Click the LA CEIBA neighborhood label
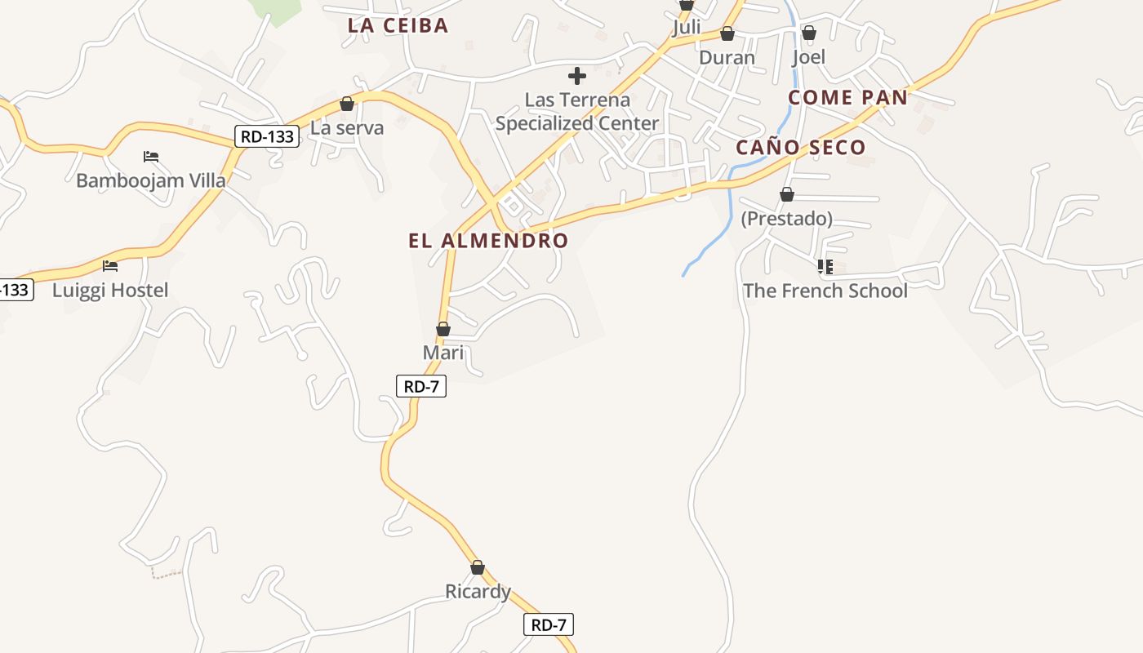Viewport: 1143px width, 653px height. tap(398, 25)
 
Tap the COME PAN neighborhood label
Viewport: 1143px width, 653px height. tap(847, 98)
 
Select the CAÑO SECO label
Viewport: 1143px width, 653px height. tap(800, 148)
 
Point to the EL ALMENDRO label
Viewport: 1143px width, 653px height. tap(488, 241)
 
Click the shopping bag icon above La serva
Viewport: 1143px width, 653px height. tap(347, 104)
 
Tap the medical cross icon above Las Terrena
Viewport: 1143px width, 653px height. tap(577, 77)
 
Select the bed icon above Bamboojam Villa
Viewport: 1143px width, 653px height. tap(150, 156)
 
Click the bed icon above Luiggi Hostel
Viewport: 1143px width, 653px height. tap(110, 265)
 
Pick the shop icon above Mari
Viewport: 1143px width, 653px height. tap(443, 329)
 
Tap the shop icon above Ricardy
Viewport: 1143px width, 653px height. tap(478, 567)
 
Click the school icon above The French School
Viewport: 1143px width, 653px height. tap(825, 266)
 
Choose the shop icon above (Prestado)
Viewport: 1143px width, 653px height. tap(787, 194)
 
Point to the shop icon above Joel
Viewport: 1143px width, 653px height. tap(808, 33)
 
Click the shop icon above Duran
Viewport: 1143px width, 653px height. tap(727, 33)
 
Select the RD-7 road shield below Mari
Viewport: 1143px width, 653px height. tap(421, 386)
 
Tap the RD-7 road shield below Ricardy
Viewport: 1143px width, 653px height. tap(549, 625)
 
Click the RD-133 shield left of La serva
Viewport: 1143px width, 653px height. tap(267, 136)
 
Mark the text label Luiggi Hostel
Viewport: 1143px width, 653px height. tap(110, 290)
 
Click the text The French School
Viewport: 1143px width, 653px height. tap(825, 291)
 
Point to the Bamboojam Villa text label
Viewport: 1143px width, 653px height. tap(150, 180)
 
